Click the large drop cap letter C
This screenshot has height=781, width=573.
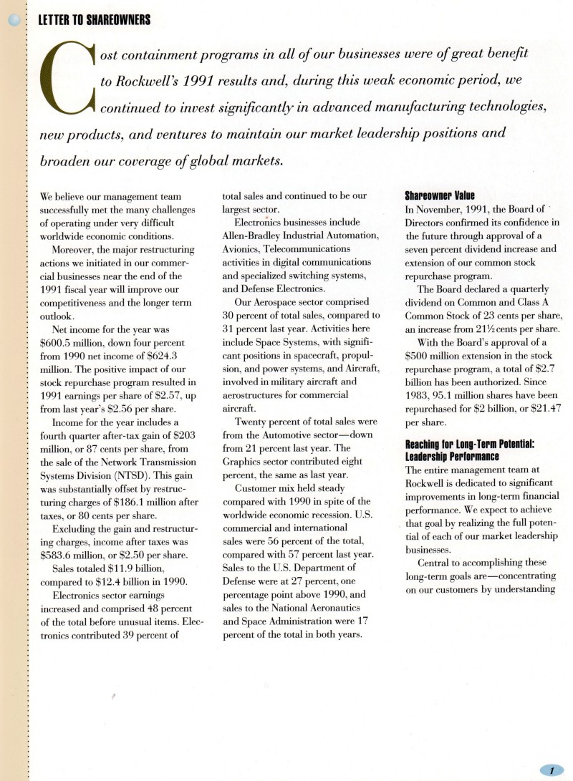coord(69,80)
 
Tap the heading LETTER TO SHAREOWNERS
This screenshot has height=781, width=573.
coord(95,20)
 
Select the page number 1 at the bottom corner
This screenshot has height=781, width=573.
coord(552,770)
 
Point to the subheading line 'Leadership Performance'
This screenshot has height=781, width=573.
coord(453,456)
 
